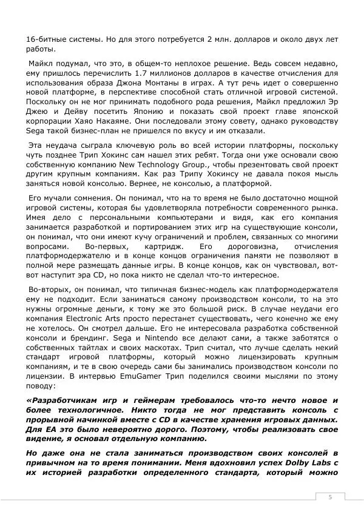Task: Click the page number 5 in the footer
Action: pos(330,497)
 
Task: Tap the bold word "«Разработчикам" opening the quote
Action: pos(64,400)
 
